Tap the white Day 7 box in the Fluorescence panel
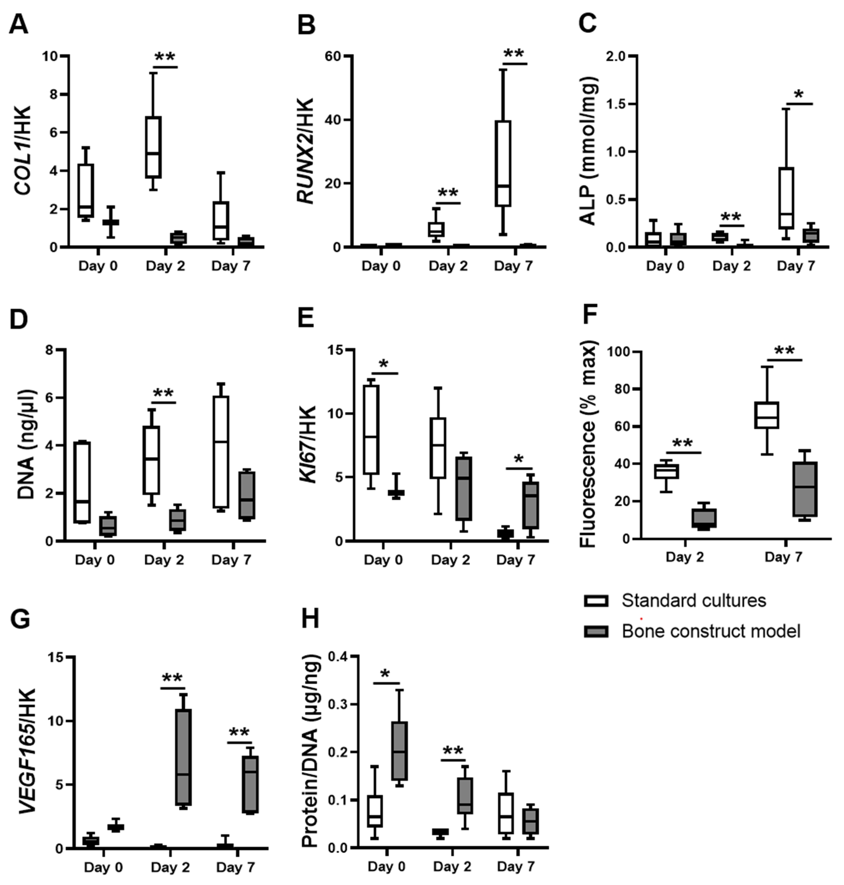click(x=767, y=415)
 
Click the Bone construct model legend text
click(x=711, y=631)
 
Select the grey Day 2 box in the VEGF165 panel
click(x=184, y=757)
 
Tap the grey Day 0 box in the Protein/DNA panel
click(x=399, y=750)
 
